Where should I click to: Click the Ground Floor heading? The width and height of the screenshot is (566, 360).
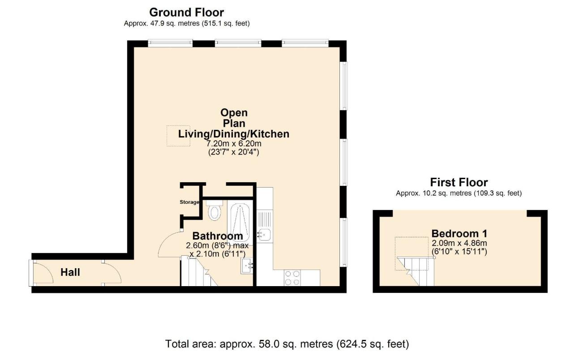(x=186, y=12)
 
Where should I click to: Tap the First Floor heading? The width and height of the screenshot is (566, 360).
(x=459, y=182)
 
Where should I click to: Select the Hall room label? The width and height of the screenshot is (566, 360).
(x=70, y=272)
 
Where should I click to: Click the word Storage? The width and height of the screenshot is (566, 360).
(x=189, y=202)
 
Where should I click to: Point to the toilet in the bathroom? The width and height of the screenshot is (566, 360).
(x=215, y=211)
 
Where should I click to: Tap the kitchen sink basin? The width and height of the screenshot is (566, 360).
(x=264, y=234)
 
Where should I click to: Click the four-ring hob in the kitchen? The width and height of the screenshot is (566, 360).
(x=292, y=278)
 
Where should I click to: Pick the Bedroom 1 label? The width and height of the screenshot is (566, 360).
(x=459, y=233)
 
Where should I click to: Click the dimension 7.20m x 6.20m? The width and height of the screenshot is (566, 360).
(x=233, y=144)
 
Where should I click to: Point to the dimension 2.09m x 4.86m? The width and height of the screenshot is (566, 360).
(x=459, y=243)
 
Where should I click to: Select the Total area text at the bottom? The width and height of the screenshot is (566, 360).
(x=287, y=344)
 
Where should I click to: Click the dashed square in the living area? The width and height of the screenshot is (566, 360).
(x=179, y=135)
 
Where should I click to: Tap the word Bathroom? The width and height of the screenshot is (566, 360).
(x=218, y=236)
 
